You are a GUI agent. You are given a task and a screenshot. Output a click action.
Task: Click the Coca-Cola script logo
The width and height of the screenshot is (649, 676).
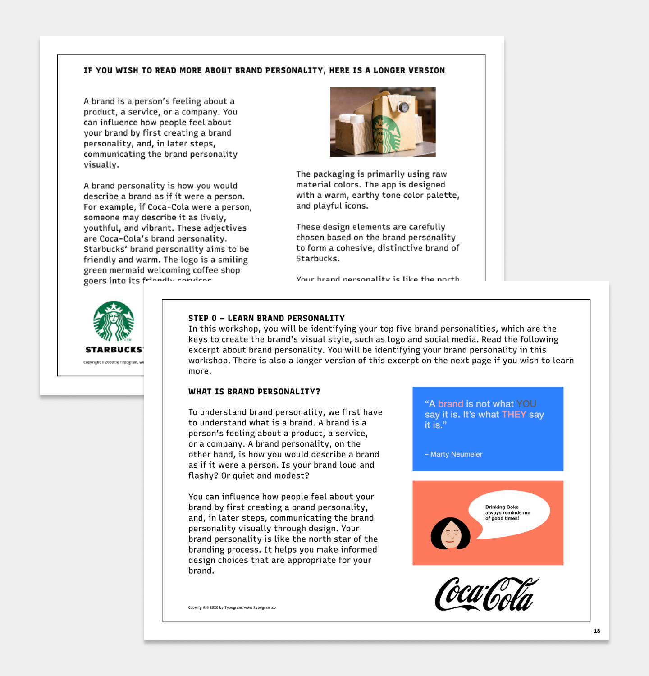point(486,594)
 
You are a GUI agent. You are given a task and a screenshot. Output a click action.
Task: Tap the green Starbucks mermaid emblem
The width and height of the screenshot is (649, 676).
point(114,321)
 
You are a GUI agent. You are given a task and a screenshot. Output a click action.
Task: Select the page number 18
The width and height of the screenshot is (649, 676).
point(597,631)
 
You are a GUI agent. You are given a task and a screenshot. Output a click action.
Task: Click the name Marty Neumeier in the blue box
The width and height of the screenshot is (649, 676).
point(456,454)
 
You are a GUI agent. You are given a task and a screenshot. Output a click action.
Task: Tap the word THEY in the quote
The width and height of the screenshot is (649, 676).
point(514,415)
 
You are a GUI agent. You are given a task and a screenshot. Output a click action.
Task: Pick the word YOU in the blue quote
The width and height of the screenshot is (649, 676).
point(526,404)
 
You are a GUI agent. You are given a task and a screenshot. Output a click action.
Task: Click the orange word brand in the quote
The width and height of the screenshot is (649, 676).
point(450,404)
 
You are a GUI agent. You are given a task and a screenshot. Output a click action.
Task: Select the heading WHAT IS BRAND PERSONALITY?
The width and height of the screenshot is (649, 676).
point(254,392)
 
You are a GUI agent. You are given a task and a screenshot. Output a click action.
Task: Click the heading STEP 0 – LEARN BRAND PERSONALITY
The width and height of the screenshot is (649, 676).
point(266,318)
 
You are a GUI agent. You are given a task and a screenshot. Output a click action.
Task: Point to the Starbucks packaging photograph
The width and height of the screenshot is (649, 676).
point(383,122)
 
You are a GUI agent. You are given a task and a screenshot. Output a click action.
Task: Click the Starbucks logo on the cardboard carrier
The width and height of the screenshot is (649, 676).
point(386,133)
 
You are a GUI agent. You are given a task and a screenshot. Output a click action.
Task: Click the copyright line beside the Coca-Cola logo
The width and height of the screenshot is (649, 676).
point(232,607)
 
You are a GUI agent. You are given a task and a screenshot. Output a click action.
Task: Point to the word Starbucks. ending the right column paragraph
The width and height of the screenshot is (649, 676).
point(318,259)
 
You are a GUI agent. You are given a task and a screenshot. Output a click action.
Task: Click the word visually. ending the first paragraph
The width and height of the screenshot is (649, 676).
point(101,164)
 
